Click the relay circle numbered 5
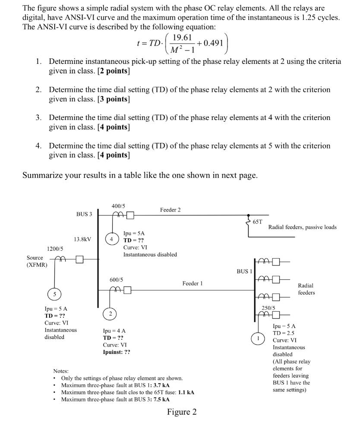click(x=54, y=294)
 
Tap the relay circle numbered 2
click(x=111, y=314)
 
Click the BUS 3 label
click(x=84, y=214)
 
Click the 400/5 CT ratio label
click(x=119, y=206)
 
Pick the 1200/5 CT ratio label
click(x=55, y=249)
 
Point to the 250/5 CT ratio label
click(x=268, y=308)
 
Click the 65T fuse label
click(x=258, y=221)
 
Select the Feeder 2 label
click(x=171, y=210)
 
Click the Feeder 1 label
click(x=193, y=283)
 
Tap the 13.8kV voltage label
click(x=83, y=239)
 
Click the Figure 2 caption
click(x=182, y=412)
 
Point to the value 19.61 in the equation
click(x=182, y=38)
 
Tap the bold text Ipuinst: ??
click(x=117, y=352)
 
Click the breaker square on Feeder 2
click(x=130, y=215)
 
